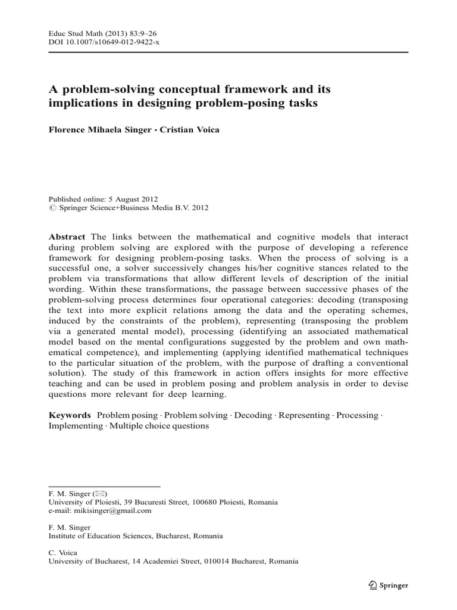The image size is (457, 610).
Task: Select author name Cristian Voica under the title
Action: pyautogui.click(x=193, y=130)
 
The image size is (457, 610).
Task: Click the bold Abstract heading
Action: pyautogui.click(x=66, y=236)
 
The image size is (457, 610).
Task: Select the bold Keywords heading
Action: pyautogui.click(x=69, y=414)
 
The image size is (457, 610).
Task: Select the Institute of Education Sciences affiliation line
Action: pyautogui.click(x=136, y=536)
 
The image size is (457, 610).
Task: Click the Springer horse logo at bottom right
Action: pyautogui.click(x=373, y=585)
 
